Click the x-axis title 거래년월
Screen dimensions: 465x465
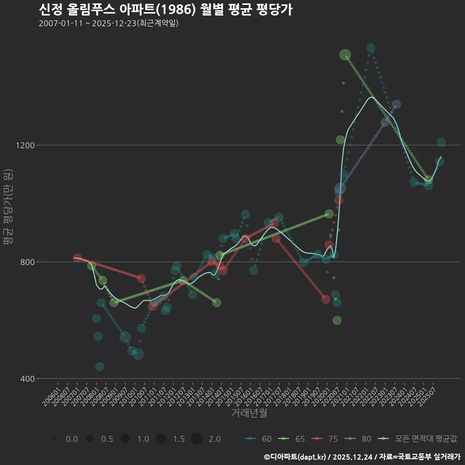point(249,413)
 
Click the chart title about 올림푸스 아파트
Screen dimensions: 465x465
point(165,10)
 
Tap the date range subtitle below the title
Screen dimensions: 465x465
point(108,23)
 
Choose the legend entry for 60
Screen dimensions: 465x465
point(259,439)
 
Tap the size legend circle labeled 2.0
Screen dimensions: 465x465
point(197,439)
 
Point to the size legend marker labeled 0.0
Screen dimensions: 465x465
point(54,439)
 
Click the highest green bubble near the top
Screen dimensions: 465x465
point(345,55)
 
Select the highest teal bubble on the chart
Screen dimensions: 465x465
point(371,48)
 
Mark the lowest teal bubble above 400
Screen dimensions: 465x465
point(99,367)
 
